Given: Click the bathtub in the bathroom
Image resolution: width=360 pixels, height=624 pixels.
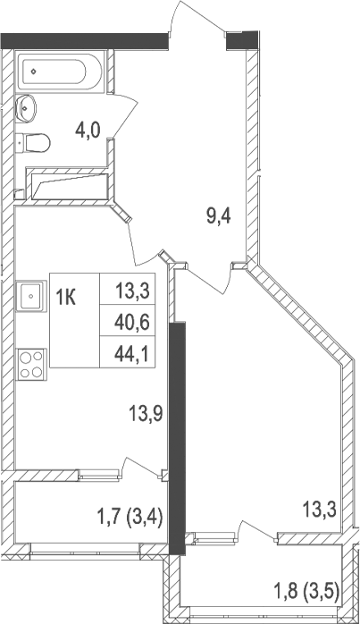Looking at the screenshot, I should (x=59, y=70).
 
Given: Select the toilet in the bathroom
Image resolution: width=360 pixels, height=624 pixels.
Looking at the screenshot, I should (x=34, y=141).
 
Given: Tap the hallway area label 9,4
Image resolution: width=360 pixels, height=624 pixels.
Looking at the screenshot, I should (x=219, y=216).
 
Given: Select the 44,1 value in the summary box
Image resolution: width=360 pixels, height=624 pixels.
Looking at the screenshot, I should (x=131, y=353).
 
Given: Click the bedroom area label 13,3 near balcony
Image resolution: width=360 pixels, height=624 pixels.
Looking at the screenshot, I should (x=317, y=510).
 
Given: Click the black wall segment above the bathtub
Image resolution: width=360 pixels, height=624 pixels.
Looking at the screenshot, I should (x=85, y=39).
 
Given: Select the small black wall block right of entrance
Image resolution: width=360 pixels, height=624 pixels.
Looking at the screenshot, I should (x=241, y=39).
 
